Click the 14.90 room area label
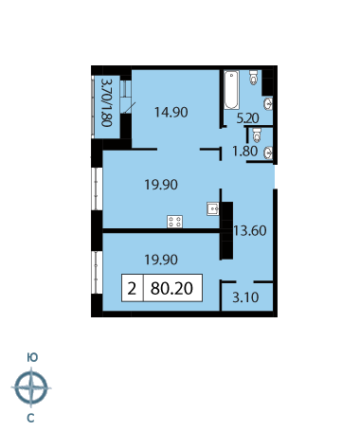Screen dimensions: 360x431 171,112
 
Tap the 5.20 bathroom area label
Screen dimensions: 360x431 248,118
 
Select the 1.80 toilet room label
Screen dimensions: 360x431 244,152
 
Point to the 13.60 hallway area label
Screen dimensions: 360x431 250,231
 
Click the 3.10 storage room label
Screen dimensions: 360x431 245,297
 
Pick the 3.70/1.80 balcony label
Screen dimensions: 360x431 106,102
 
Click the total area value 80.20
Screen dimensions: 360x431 171,288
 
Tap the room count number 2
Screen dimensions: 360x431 132,288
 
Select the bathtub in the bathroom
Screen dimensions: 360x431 231,90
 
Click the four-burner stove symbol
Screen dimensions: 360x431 175,222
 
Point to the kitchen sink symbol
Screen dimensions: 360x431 213,208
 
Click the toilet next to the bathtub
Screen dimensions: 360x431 254,78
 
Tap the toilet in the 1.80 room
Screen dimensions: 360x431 257,135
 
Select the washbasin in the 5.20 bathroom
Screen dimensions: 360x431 268,104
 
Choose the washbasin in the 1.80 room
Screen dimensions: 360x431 268,153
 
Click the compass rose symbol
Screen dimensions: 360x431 31,387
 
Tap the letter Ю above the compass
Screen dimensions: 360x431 32,358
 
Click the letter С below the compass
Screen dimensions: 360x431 30,419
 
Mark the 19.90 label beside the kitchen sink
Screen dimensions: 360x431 161,185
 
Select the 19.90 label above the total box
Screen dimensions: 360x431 161,260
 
